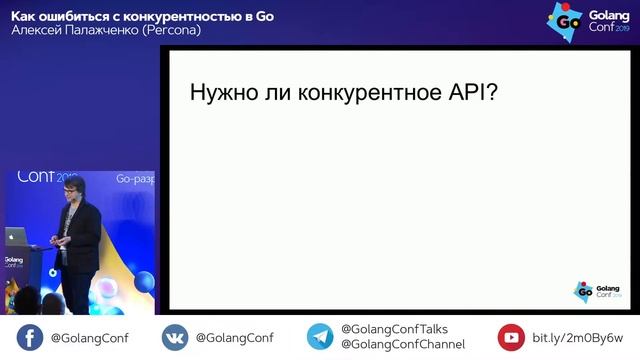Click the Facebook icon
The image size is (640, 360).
coord(29,337)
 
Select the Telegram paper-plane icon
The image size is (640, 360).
coord(320,337)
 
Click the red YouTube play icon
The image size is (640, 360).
coord(511,337)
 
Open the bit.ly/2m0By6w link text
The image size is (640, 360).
coord(577,337)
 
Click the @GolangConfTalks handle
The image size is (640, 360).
coord(394,329)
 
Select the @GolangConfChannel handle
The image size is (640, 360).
coord(402,345)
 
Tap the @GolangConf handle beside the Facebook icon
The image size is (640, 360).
coord(89,337)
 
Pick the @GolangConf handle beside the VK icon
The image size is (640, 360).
coord(234,337)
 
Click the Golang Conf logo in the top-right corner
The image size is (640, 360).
coord(585,21)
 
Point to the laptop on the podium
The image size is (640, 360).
coord(16,236)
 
